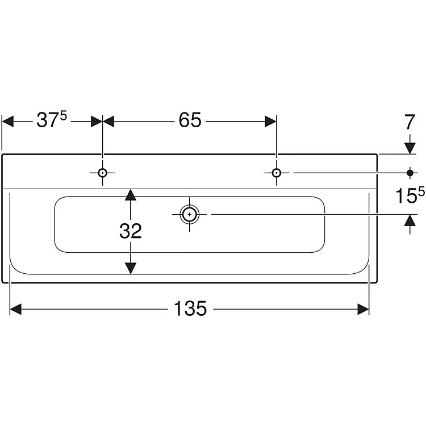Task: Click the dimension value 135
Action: point(190,308)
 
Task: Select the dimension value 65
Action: point(190,120)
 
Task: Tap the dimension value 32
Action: point(131,231)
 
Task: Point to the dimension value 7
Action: point(410,123)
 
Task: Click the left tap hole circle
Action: point(102,173)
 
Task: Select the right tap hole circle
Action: point(276,173)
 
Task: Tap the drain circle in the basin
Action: point(189,214)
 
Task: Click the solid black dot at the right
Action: point(410,172)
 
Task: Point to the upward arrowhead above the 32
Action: point(131,195)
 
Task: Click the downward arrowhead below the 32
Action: point(131,268)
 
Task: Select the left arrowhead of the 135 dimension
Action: point(16,309)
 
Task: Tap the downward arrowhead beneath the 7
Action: point(410,148)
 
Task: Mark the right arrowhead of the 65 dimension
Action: point(270,121)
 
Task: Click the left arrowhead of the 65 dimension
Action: point(108,121)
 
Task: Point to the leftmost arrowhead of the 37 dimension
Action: point(8,121)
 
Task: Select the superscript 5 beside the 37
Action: point(64,116)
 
